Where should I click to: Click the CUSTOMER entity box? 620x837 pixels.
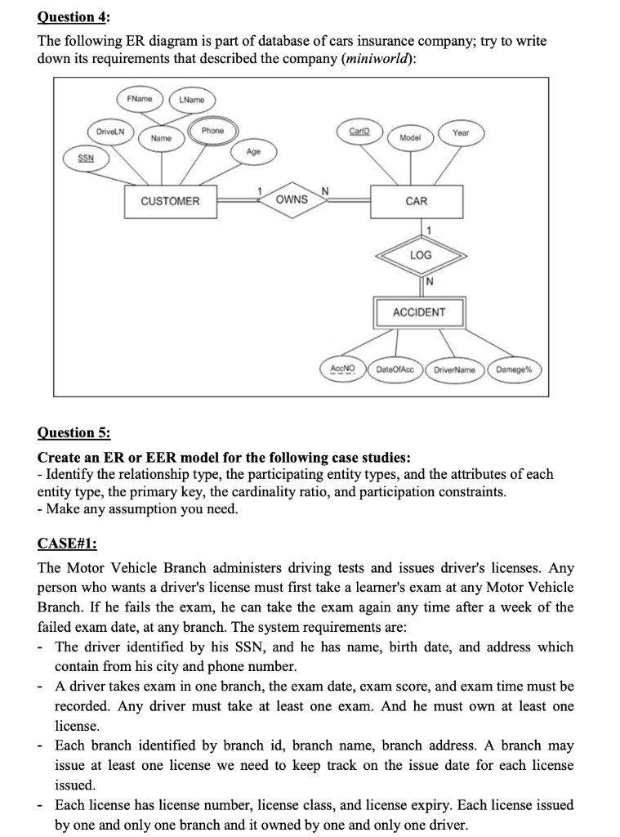170,201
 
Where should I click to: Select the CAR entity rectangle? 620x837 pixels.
416,201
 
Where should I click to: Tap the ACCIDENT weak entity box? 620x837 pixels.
419,312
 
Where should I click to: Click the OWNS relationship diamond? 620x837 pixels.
292,199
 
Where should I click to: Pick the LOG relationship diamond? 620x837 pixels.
420,256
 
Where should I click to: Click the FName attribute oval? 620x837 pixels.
141,99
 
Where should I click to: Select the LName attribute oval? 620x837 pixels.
192,100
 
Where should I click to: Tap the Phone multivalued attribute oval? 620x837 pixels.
212,131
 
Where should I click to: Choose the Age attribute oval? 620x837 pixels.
254,152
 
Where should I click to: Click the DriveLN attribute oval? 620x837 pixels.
111,132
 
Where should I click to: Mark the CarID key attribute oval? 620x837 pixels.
358,131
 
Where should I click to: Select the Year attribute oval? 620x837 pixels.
461,132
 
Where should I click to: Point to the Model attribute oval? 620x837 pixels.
410,138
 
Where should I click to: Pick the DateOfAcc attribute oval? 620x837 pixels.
395,369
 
